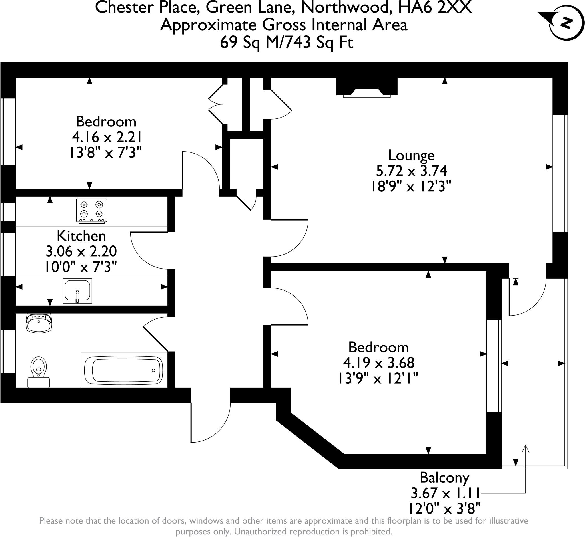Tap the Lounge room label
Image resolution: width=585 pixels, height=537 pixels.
(x=412, y=155)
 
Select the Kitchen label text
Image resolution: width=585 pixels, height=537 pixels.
(x=81, y=236)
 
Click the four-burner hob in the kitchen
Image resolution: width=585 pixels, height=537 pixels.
(x=91, y=211)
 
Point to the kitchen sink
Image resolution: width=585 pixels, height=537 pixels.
(x=77, y=291)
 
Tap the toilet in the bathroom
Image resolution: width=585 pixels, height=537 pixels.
(x=39, y=372)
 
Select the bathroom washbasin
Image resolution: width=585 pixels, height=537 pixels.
(x=39, y=322)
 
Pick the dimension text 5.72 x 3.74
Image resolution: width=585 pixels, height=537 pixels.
(x=412, y=171)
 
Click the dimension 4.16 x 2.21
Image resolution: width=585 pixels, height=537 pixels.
(x=107, y=137)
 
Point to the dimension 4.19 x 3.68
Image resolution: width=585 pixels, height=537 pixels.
(x=379, y=363)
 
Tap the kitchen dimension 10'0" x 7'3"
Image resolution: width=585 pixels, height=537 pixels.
(x=81, y=267)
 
